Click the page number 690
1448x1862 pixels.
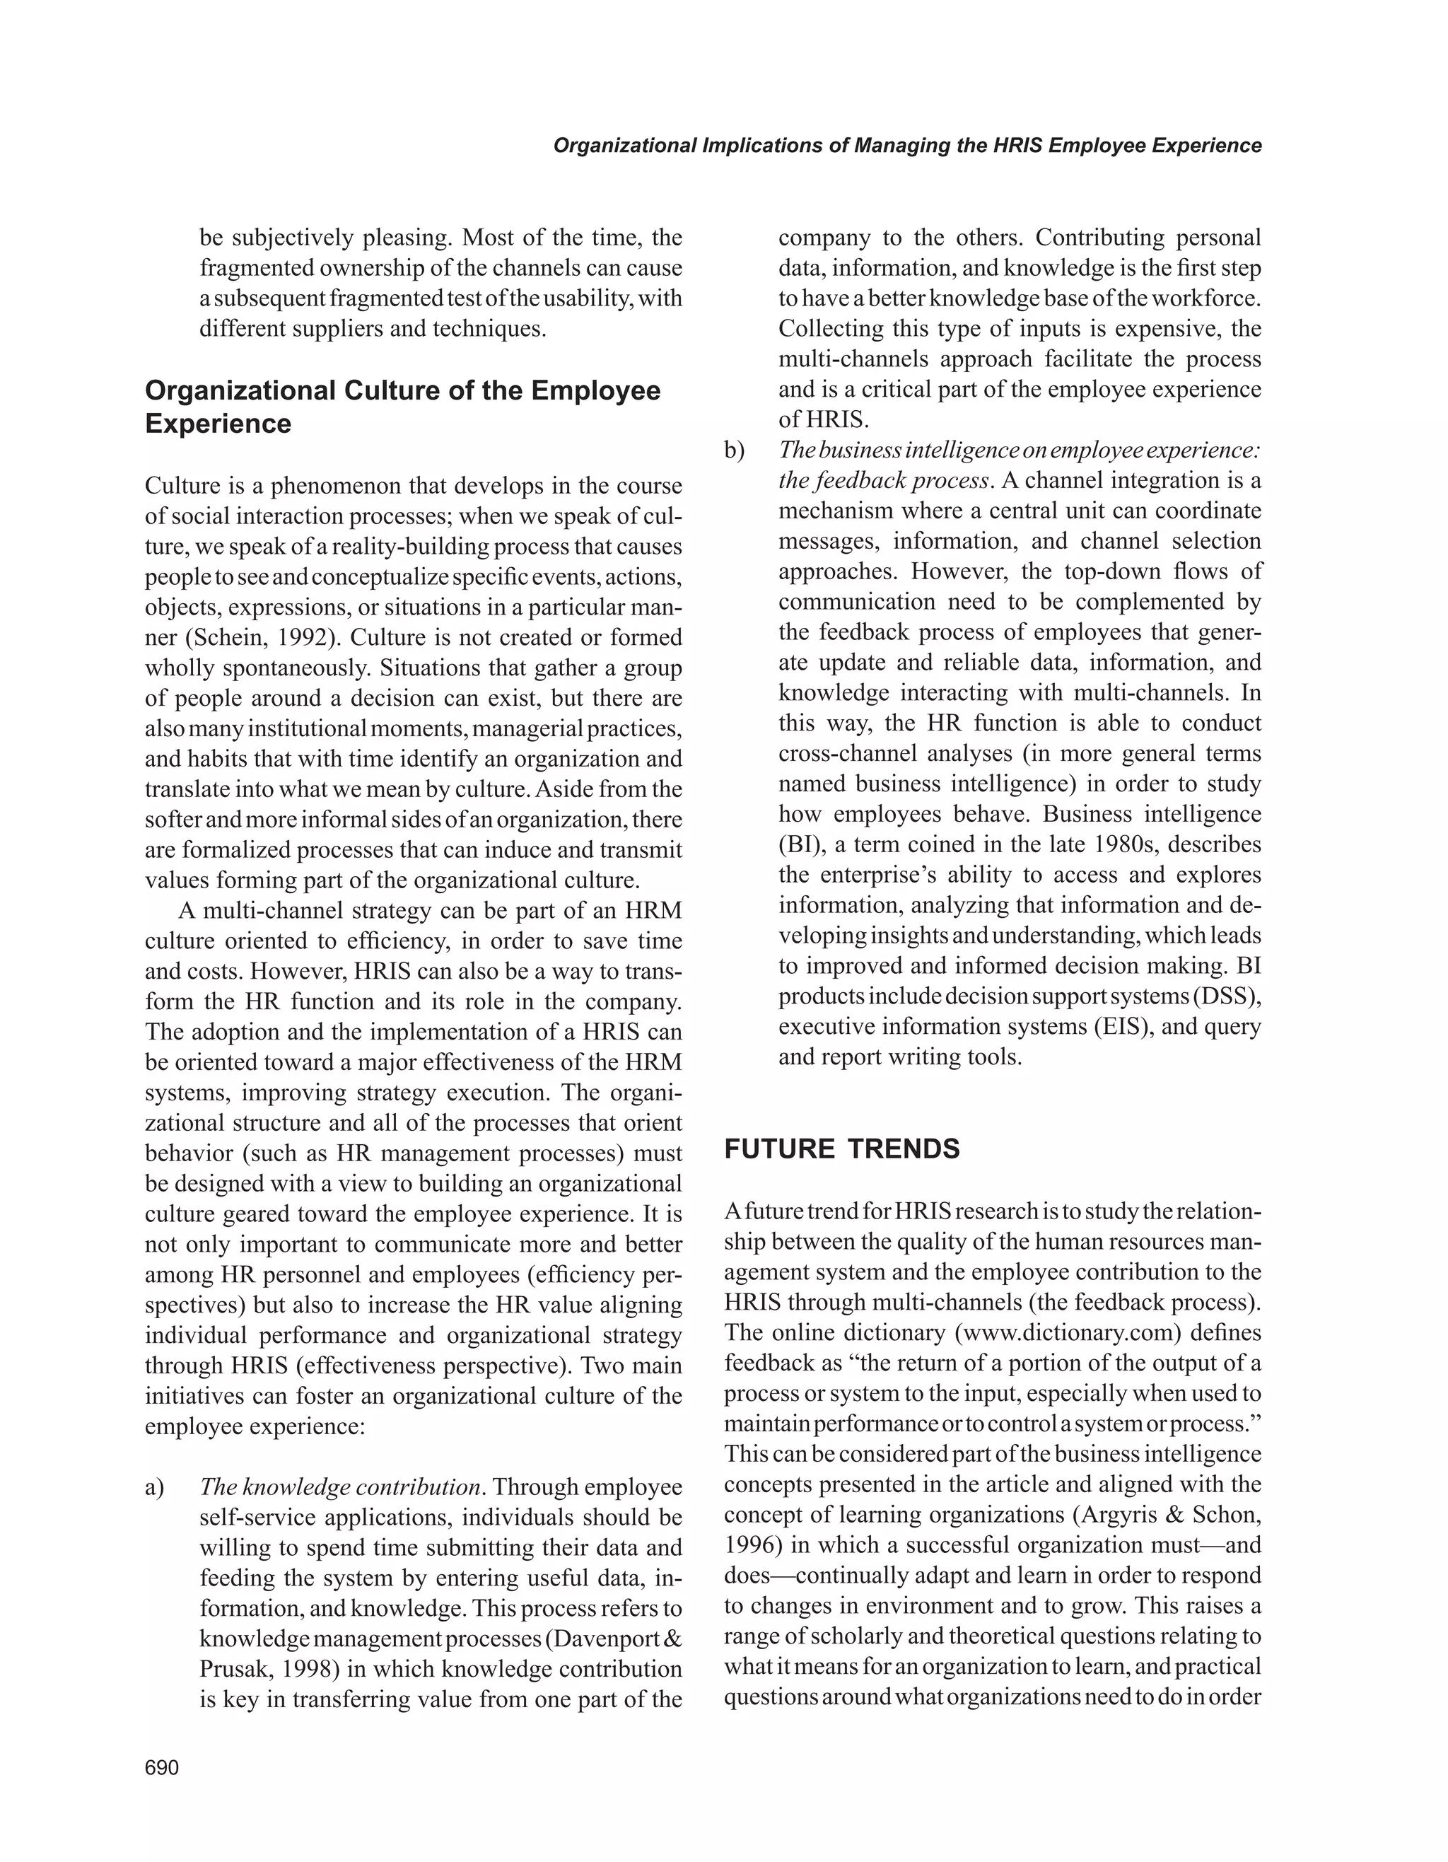click(x=162, y=1767)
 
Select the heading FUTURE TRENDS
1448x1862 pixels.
click(x=841, y=1148)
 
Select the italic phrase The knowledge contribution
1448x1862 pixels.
click(x=341, y=1487)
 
